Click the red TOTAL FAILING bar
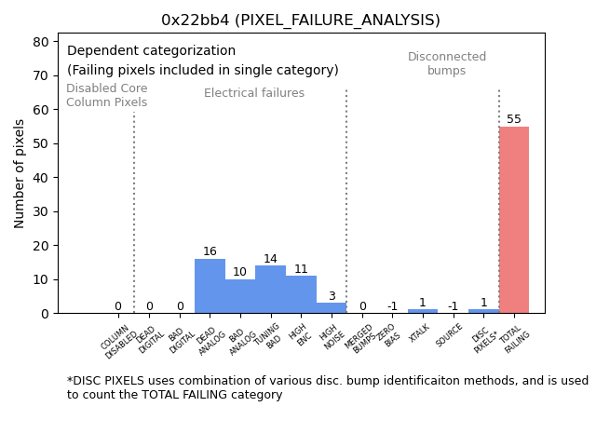pos(513,220)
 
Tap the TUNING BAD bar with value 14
pos(270,290)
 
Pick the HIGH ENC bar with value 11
pos(301,294)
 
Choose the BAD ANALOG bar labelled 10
pos(240,296)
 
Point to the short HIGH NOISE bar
pos(331,308)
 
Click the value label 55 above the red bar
pos(514,119)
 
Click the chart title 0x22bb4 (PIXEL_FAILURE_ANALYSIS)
pos(301,20)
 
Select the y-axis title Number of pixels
pos(20,173)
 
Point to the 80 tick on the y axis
pos(42,41)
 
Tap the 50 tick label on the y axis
pos(42,143)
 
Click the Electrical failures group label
pos(254,93)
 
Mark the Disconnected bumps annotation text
pos(447,63)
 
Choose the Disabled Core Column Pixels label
pos(106,95)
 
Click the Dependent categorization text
pos(151,51)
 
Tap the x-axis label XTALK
pos(420,334)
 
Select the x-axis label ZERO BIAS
pos(389,335)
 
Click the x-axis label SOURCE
pos(450,336)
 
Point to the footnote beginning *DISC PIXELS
pos(326,387)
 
